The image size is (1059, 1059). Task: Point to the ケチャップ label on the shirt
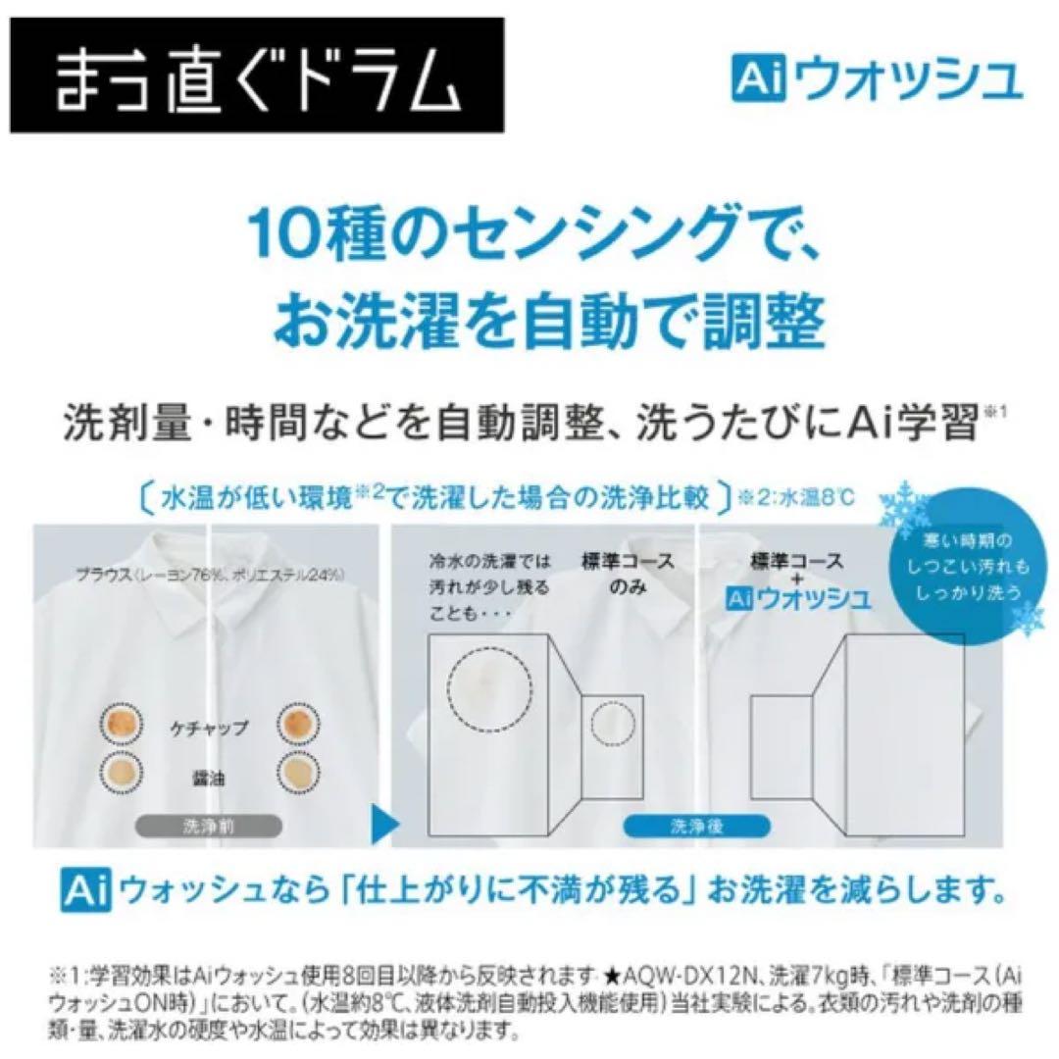[207, 729]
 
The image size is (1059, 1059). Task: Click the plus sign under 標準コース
[796, 580]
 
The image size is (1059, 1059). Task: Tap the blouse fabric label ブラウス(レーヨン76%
[137, 577]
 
